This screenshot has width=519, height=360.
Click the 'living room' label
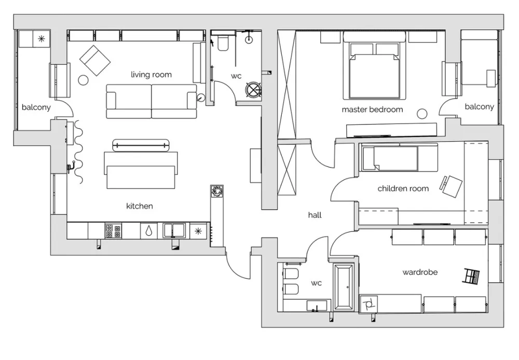tap(151, 75)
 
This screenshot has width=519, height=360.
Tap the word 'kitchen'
tap(140, 206)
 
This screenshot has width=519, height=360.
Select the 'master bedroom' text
tap(372, 109)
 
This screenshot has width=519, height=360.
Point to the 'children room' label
tap(403, 189)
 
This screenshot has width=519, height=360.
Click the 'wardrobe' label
tap(420, 272)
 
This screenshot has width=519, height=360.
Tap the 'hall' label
tap(315, 215)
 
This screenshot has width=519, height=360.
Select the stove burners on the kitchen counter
tap(113, 231)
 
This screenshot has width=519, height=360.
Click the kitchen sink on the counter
tap(174, 231)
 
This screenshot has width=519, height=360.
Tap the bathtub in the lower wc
tap(344, 287)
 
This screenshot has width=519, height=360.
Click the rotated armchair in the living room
tap(95, 61)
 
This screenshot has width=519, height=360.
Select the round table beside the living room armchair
tap(84, 80)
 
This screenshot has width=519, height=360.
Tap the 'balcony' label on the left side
tap(36, 107)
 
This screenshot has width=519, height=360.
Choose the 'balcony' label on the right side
tap(479, 107)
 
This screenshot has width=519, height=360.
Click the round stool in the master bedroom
tap(422, 114)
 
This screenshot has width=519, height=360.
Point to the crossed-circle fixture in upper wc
tap(253, 89)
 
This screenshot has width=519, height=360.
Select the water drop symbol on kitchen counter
tap(148, 231)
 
